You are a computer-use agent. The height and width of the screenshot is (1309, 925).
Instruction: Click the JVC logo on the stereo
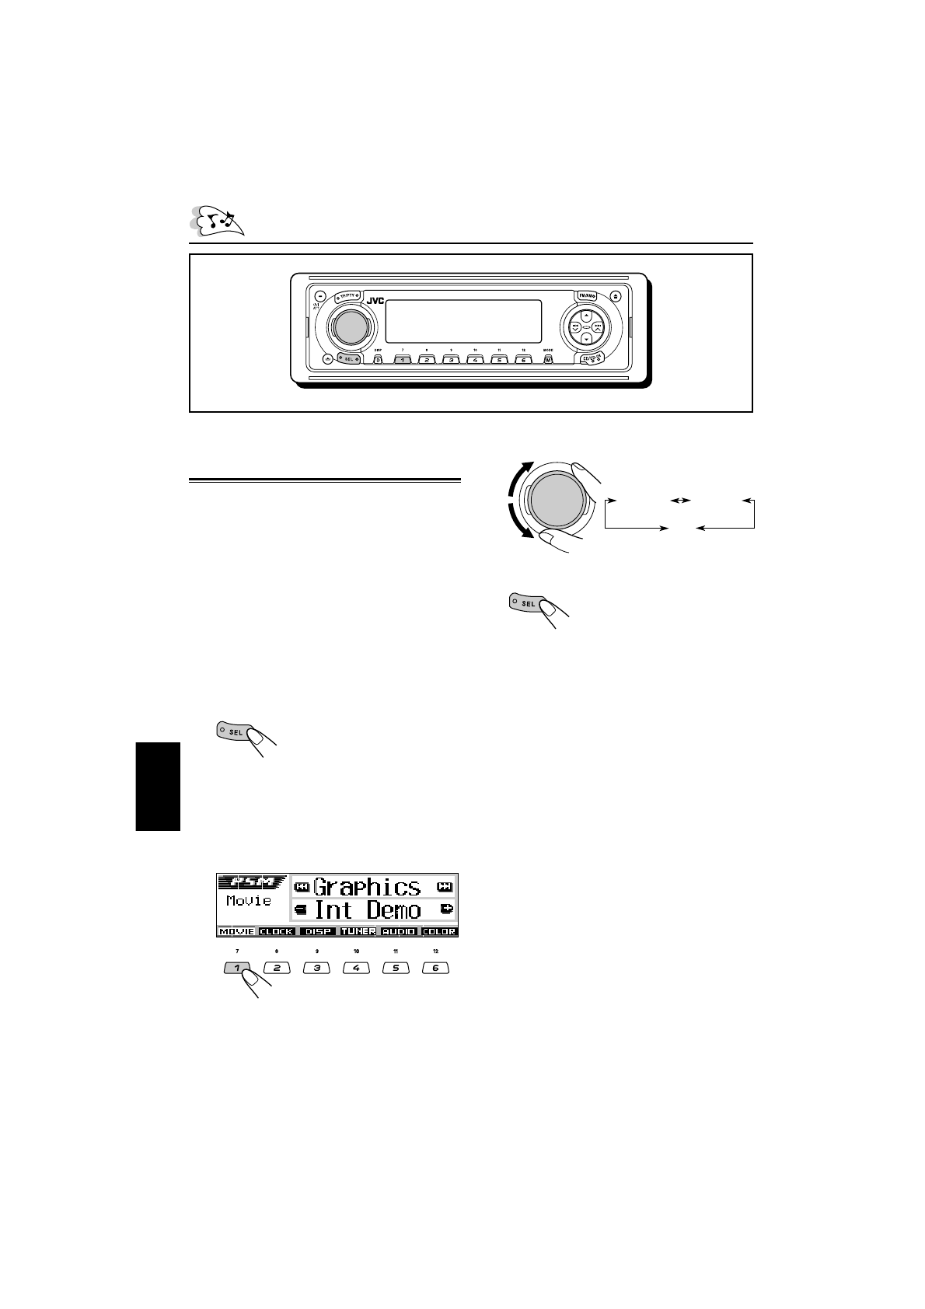[x=375, y=301]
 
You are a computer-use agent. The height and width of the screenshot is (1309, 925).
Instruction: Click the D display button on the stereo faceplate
[x=378, y=360]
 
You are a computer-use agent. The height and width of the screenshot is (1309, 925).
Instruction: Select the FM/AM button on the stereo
[x=585, y=295]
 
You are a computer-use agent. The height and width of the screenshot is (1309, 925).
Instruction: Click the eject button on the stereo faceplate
[x=616, y=295]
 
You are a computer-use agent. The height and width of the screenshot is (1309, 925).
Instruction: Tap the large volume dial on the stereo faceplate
[x=349, y=327]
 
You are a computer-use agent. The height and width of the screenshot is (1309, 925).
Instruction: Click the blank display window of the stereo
[x=463, y=322]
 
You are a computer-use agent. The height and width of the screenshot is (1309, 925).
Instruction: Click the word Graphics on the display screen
[x=367, y=887]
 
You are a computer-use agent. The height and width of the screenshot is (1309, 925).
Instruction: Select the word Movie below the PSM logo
[x=249, y=901]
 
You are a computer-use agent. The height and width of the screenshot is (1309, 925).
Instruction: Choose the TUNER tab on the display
[x=358, y=931]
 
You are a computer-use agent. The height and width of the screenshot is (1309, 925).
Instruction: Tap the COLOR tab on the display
[x=439, y=931]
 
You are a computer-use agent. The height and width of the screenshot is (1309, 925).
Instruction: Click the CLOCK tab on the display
[x=277, y=931]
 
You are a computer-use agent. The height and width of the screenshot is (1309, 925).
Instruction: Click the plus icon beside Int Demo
[x=446, y=909]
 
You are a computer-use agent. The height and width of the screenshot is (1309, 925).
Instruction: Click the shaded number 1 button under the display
[x=237, y=969]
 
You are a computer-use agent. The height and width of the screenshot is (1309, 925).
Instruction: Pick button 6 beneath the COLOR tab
[x=435, y=969]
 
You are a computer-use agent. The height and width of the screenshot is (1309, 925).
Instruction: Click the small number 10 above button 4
[x=356, y=951]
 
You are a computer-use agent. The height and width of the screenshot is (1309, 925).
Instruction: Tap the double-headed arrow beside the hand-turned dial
[x=680, y=501]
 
